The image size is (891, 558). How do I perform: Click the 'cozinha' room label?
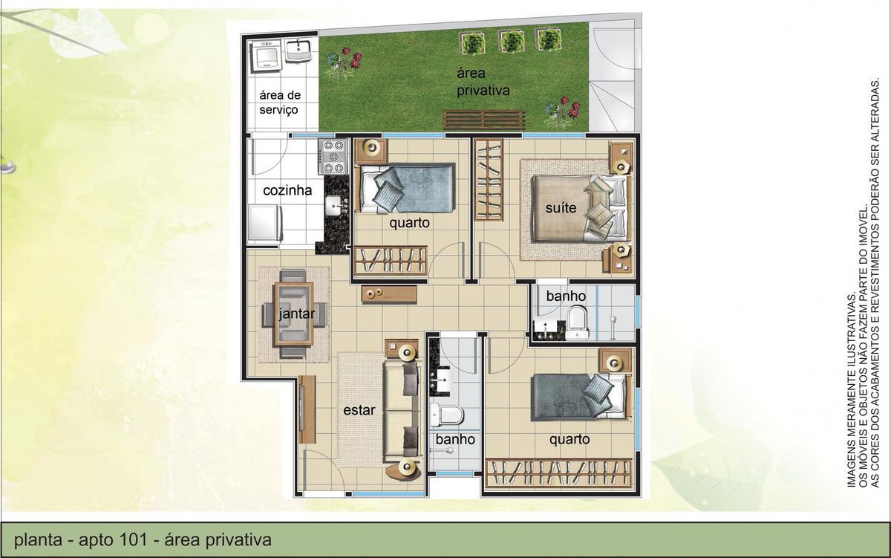(x=287, y=191)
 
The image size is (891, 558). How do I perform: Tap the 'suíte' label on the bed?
(x=561, y=208)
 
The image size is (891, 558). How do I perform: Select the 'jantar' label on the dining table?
(x=296, y=314)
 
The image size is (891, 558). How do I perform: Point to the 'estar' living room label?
(x=359, y=409)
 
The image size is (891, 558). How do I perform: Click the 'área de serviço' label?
(x=278, y=103)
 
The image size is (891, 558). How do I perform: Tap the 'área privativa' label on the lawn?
(x=483, y=82)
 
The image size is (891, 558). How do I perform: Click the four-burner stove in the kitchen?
(x=333, y=155)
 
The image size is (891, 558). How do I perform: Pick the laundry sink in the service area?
(x=298, y=52)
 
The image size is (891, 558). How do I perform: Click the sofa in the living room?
(x=401, y=410)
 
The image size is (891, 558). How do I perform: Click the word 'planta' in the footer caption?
(x=34, y=539)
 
